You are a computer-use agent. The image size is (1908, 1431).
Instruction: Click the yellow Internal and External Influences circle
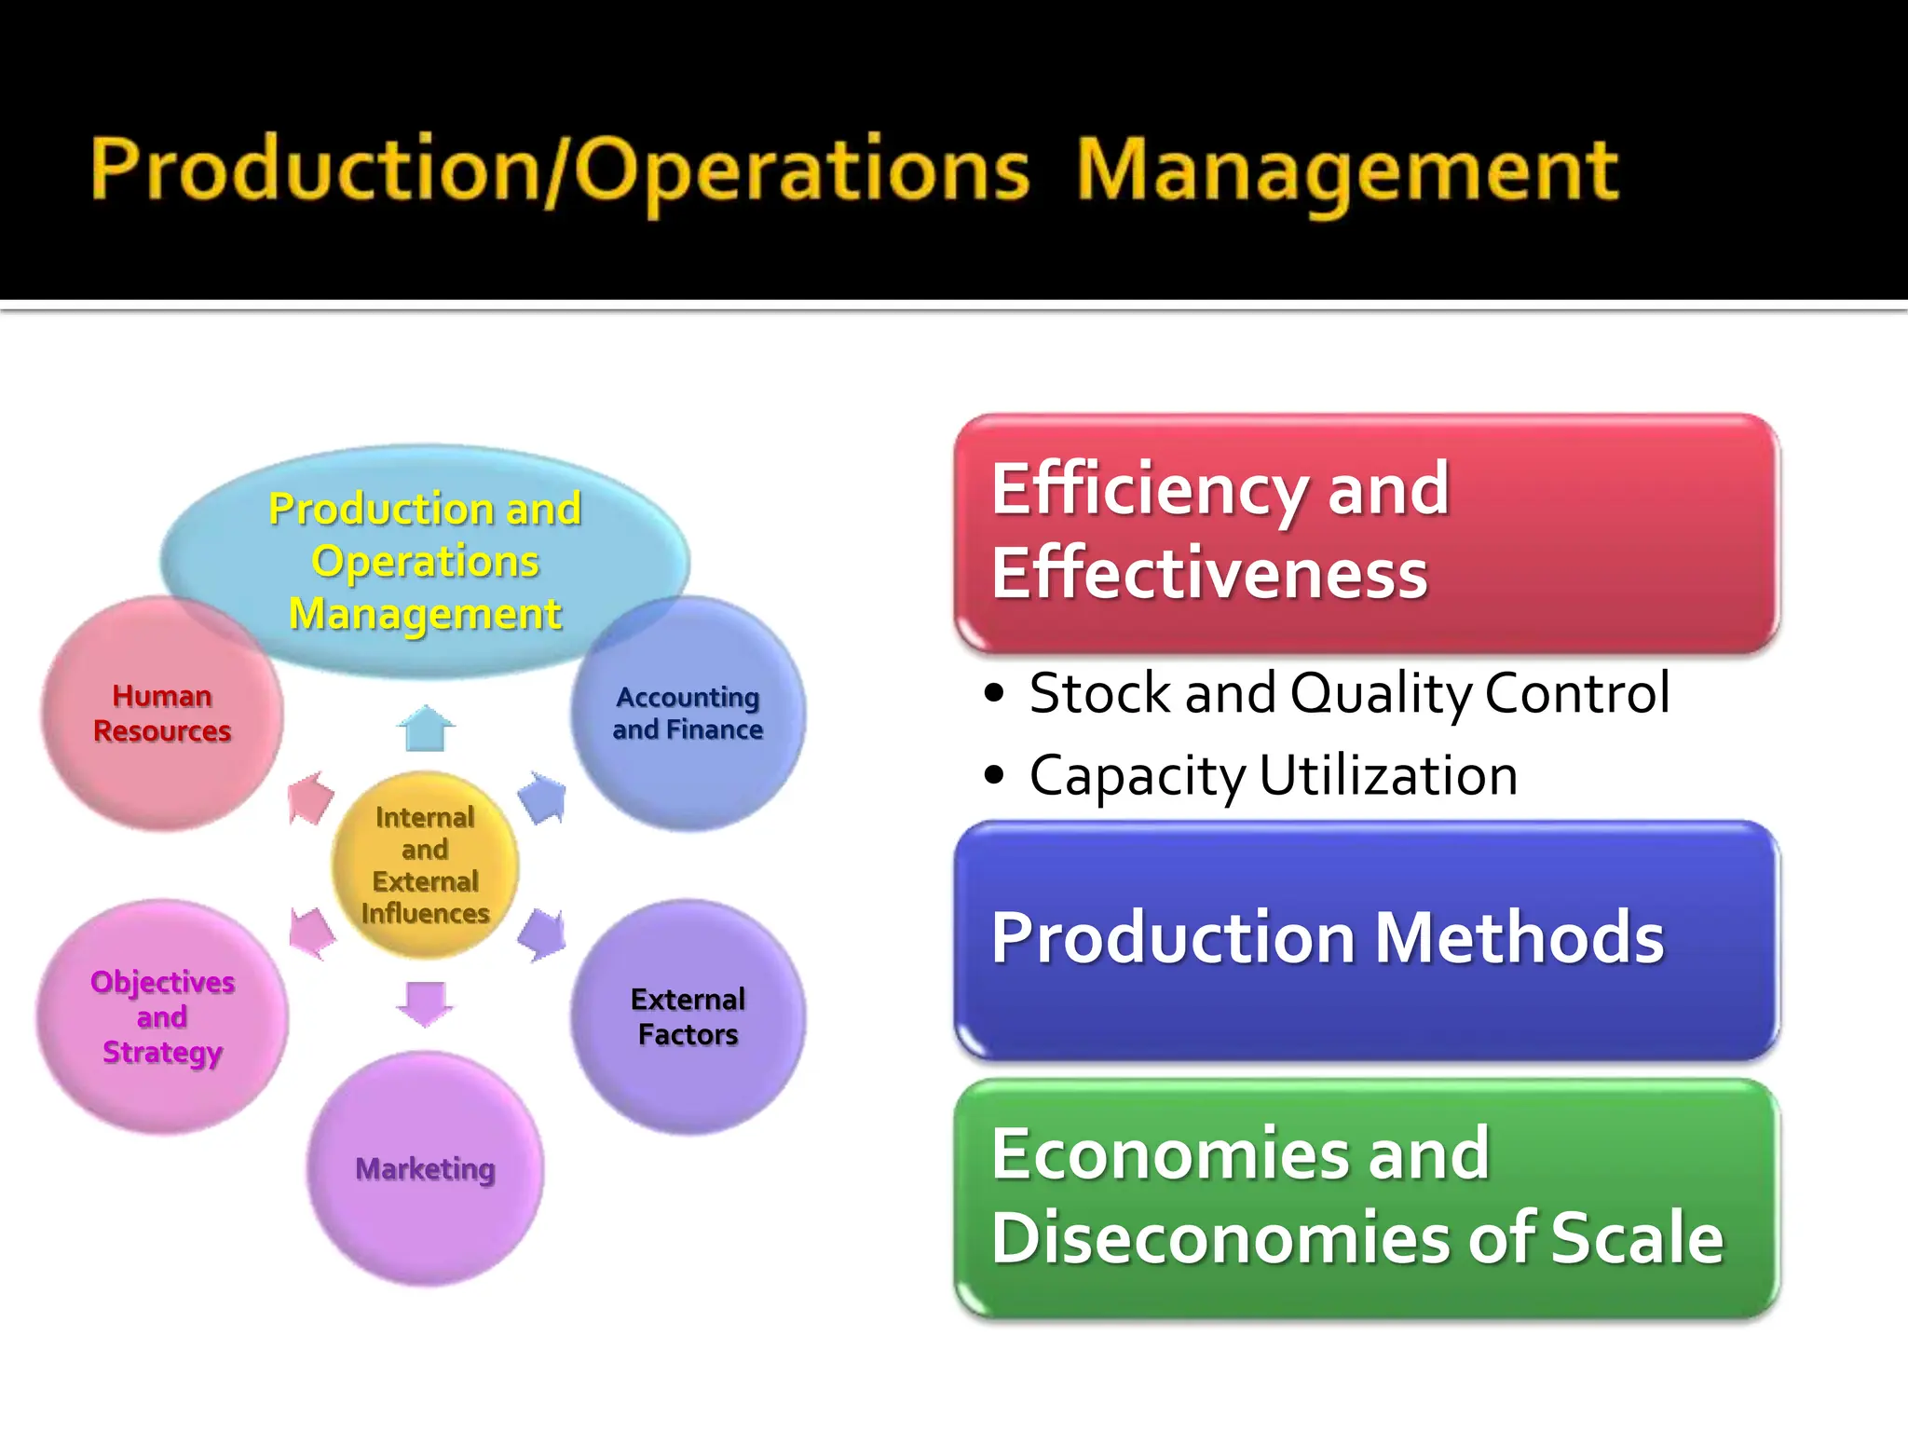(425, 865)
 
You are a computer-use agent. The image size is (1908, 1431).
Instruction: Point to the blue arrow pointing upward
(426, 728)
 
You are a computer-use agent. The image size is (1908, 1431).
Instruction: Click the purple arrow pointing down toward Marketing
(425, 1003)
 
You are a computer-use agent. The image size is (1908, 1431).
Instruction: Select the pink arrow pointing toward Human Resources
(309, 797)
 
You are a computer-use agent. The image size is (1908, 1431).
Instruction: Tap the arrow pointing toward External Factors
(543, 934)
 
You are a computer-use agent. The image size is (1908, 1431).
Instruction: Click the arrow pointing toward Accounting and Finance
(543, 797)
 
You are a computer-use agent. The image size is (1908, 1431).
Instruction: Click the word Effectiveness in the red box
(1208, 573)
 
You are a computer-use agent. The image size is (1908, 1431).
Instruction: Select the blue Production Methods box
(1367, 939)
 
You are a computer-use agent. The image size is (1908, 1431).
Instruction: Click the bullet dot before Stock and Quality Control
(995, 693)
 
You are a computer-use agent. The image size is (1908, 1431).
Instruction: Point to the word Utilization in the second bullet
(1388, 775)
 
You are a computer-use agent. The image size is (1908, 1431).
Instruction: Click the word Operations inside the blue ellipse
(425, 561)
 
